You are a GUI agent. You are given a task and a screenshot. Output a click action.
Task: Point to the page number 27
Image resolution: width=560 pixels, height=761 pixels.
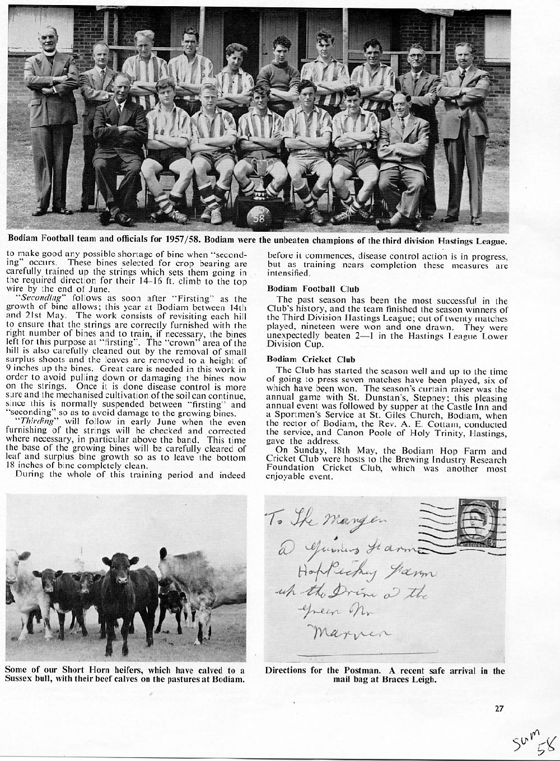pyautogui.click(x=500, y=708)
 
